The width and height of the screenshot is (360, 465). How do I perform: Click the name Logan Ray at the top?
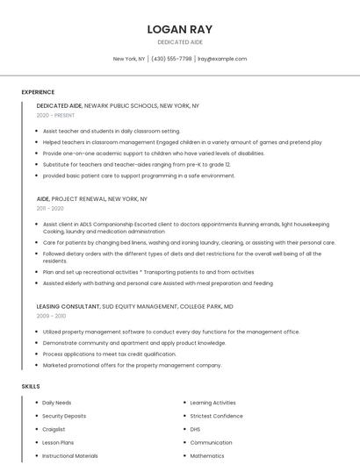point(179,29)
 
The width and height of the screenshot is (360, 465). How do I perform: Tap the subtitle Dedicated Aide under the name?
point(179,42)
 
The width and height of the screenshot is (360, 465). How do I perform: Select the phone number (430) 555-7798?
point(171,59)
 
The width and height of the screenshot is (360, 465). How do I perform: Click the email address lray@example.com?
point(222,59)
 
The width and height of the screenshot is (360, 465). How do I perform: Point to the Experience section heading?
point(38,92)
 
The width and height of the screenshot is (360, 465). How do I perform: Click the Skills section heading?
point(30,386)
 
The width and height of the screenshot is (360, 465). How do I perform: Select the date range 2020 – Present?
point(55,115)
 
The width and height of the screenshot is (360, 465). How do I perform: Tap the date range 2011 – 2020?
point(50,209)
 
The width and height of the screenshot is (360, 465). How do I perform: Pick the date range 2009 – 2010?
point(51,316)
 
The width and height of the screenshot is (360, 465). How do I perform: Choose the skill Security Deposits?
point(64,416)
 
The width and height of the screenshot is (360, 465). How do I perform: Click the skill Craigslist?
point(54,429)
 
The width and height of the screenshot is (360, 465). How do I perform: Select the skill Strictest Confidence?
point(217,416)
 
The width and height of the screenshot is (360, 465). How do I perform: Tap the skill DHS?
point(195,429)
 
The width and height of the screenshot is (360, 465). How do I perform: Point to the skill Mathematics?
point(207,456)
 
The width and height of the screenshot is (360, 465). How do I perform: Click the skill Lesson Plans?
point(58,443)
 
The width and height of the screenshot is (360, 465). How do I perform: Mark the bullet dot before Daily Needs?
point(36,402)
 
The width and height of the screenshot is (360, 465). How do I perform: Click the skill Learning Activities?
point(213,402)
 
